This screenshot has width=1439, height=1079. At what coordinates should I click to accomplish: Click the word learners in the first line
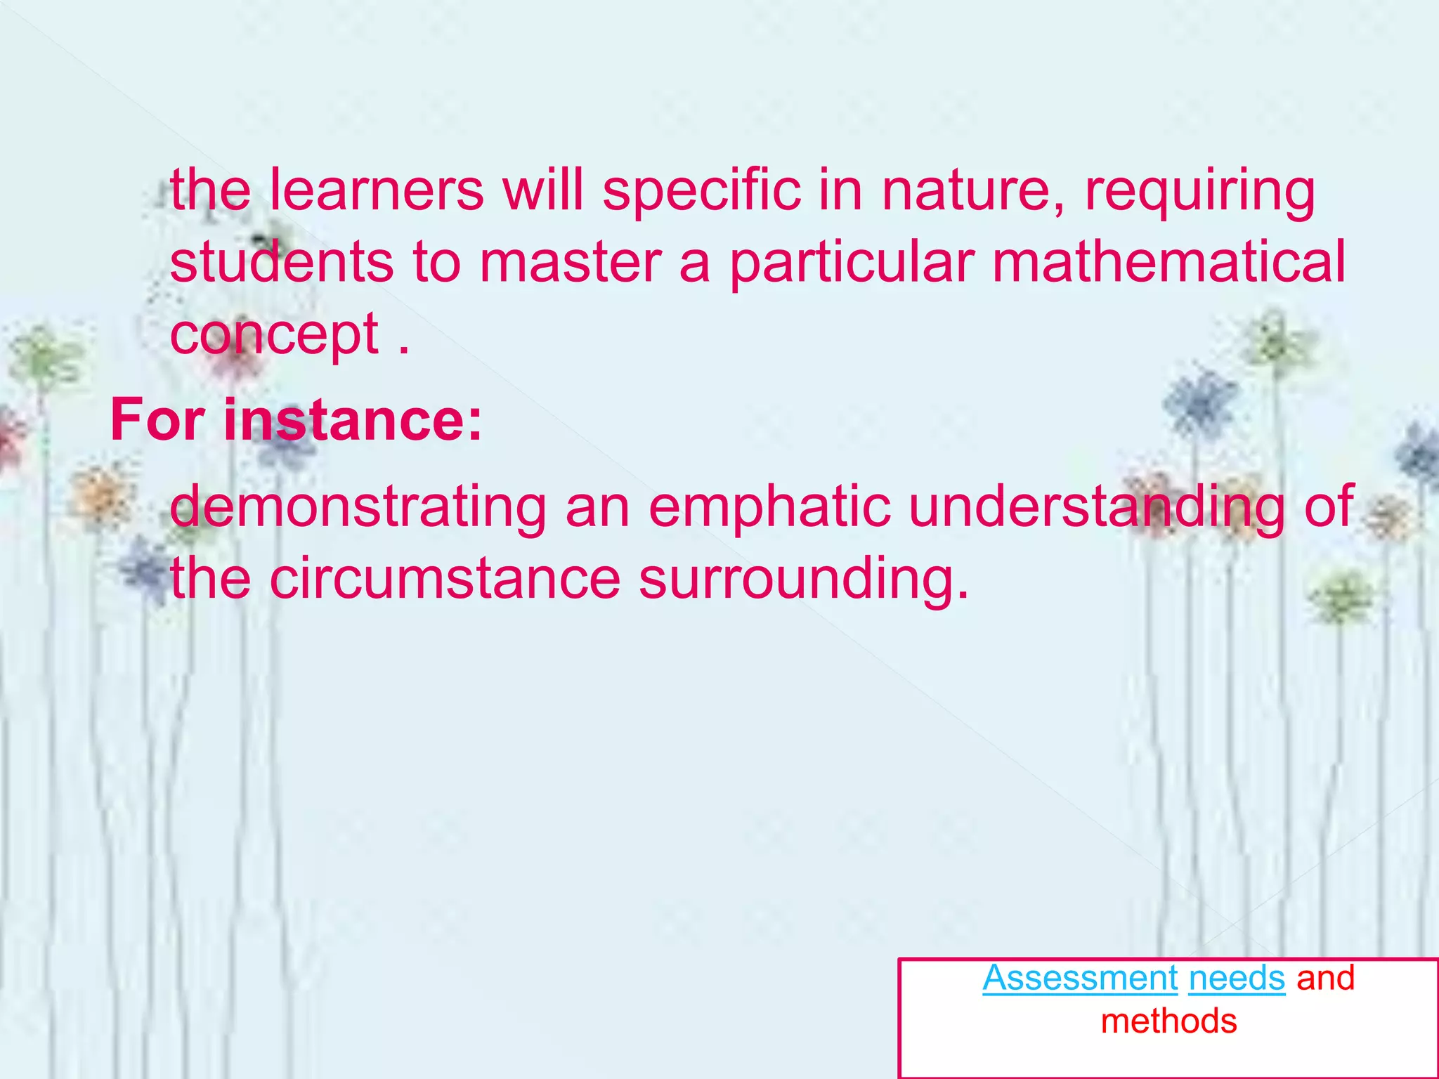point(377,190)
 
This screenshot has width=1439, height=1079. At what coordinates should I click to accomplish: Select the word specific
point(701,190)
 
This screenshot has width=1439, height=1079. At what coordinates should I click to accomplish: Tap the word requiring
point(1199,192)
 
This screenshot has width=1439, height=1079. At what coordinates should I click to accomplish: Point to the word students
point(281,262)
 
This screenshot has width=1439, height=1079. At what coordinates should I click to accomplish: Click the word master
point(571,262)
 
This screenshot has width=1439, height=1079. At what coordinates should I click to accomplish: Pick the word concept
point(274,335)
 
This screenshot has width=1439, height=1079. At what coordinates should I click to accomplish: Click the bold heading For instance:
point(297,420)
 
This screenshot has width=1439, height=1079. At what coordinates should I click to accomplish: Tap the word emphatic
point(769,506)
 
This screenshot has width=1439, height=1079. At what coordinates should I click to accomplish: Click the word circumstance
point(445,579)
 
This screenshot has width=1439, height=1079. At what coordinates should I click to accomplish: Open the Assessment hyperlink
point(1080,978)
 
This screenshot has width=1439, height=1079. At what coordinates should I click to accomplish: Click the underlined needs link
point(1237,978)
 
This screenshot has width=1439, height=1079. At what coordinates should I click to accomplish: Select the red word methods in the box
point(1168,1021)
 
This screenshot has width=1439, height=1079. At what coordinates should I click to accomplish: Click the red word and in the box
point(1325,978)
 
